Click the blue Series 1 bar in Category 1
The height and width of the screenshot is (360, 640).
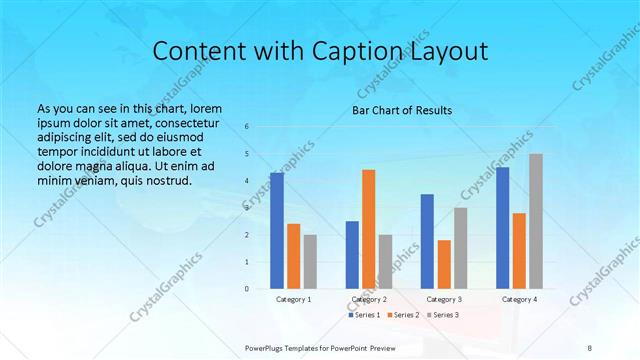277,231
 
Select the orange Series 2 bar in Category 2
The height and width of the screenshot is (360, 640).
368,229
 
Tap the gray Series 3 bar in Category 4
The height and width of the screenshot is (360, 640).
535,221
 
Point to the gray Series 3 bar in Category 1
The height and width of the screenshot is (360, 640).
310,262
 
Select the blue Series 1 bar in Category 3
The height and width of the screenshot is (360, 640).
427,241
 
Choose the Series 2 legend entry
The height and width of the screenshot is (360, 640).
402,315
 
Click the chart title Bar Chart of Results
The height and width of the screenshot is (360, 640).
402,110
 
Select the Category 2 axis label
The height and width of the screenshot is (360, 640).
369,299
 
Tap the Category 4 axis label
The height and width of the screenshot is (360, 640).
519,299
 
